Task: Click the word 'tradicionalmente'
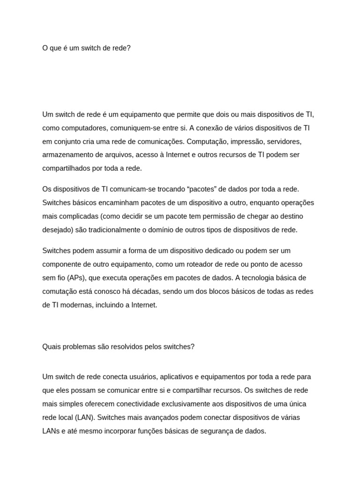point(114,230)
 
